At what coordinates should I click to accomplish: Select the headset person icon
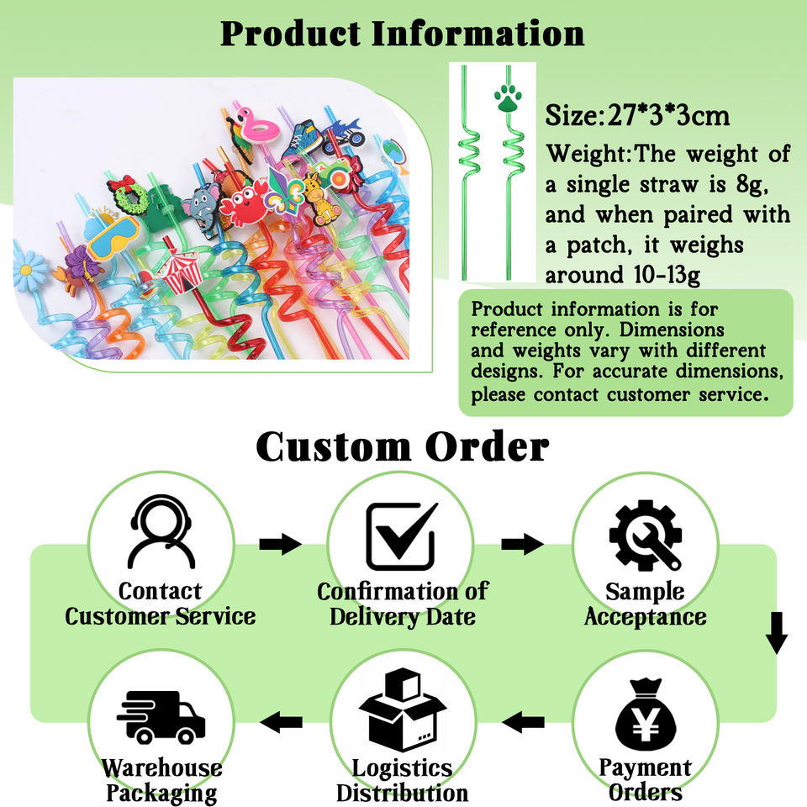click(x=160, y=533)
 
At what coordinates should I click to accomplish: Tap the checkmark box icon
click(x=402, y=535)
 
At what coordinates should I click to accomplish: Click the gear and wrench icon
click(x=645, y=533)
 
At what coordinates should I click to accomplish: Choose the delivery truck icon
click(x=160, y=715)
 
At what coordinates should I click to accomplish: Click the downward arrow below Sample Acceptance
click(x=777, y=636)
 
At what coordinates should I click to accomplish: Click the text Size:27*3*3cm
click(x=637, y=115)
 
